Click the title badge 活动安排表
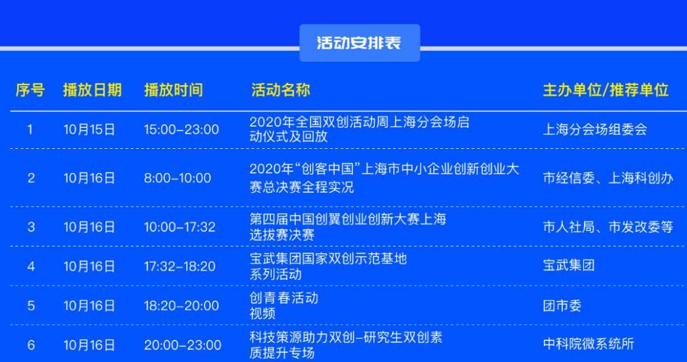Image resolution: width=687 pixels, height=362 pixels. [x=359, y=43]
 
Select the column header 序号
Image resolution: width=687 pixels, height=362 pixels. [x=30, y=90]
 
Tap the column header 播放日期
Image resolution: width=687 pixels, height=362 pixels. [x=92, y=90]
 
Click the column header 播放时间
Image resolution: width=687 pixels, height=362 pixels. [x=174, y=90]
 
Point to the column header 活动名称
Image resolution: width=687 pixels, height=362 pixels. [x=281, y=90]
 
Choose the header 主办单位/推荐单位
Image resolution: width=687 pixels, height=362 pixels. [x=605, y=90]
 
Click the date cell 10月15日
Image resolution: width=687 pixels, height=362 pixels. [x=90, y=130]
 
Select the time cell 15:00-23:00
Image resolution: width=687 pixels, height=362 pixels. [x=181, y=130]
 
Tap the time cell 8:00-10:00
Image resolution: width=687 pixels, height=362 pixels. [x=177, y=178]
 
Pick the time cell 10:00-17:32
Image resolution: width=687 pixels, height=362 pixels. [x=180, y=227]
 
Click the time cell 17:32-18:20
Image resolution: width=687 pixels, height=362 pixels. [x=180, y=267]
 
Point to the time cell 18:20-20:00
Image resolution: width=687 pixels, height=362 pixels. [x=181, y=306]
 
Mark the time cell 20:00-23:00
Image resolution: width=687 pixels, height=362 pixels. [x=183, y=345]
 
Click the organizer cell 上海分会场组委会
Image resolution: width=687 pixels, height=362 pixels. [x=595, y=130]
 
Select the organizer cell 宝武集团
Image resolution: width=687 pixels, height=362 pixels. [x=569, y=265]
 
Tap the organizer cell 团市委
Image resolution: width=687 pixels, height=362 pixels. [x=562, y=306]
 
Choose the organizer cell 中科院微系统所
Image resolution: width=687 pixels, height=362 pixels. [x=588, y=345]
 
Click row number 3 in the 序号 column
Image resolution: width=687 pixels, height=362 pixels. [x=31, y=227]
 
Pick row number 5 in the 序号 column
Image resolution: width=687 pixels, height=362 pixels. [x=31, y=306]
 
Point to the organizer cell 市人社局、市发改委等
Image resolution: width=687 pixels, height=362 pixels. [x=607, y=227]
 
